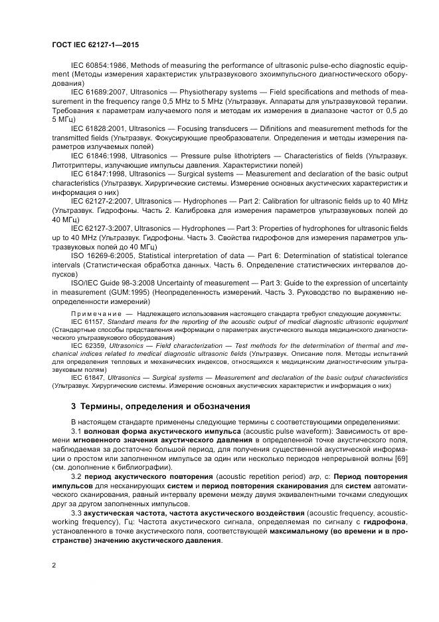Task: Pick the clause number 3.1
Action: click(x=76, y=430)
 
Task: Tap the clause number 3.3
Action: click(x=76, y=514)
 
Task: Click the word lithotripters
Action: click(x=229, y=155)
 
